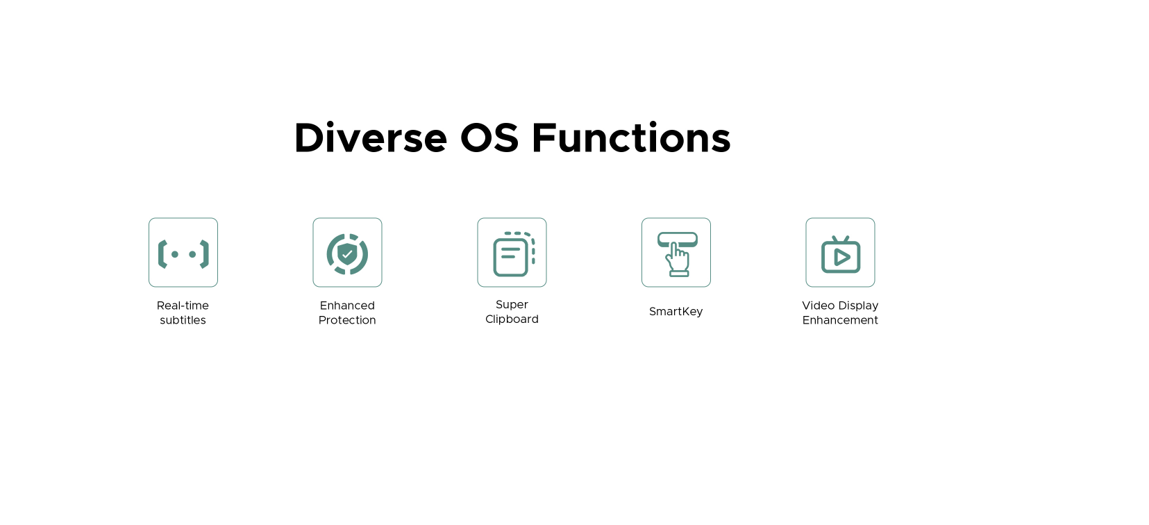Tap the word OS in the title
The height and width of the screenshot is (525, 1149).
[489, 138]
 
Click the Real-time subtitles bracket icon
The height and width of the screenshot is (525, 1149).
[183, 253]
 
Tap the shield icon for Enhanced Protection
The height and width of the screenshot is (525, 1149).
[347, 254]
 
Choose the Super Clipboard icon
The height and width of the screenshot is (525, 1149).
[514, 253]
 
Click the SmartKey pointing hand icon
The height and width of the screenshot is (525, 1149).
[677, 255]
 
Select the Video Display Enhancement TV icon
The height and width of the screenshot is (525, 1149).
[840, 255]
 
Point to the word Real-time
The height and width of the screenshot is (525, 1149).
[183, 306]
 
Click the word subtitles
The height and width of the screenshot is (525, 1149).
[183, 319]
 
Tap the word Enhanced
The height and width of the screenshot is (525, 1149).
[347, 306]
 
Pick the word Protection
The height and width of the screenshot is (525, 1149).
[347, 319]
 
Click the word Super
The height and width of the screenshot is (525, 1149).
[512, 305]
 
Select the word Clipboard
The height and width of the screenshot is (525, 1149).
[512, 319]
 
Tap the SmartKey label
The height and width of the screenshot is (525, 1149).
[676, 312]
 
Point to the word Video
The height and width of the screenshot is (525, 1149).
[818, 306]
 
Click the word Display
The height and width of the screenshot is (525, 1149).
[858, 306]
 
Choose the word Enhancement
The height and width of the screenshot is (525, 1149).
[840, 319]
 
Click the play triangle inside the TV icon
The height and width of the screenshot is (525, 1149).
[841, 257]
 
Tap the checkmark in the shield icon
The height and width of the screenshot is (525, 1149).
[347, 253]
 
